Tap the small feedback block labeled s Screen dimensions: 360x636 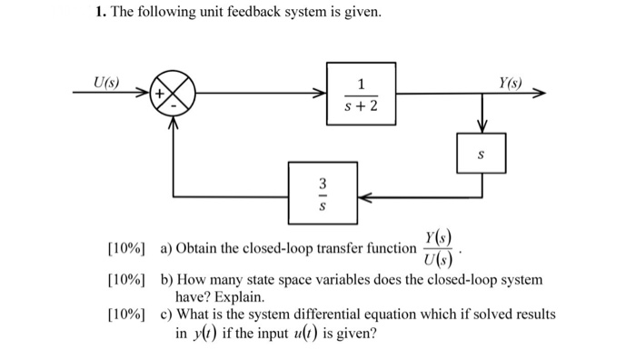coord(482,154)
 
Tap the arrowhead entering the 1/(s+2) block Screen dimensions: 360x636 coord(321,93)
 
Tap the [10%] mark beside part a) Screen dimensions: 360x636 coord(126,248)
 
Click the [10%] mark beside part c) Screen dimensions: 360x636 coord(126,315)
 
